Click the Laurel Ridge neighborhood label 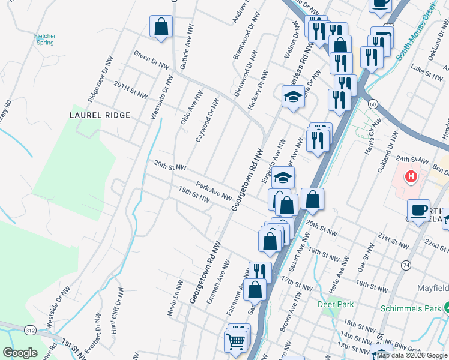[x=100, y=115]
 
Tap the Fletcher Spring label [x=45, y=40]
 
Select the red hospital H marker [x=411, y=177]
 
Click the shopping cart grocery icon [x=235, y=341]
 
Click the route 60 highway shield [x=373, y=104]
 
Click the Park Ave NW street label [x=214, y=191]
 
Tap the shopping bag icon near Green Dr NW [x=161, y=26]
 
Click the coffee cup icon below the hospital [x=418, y=210]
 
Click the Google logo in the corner [x=20, y=353]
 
